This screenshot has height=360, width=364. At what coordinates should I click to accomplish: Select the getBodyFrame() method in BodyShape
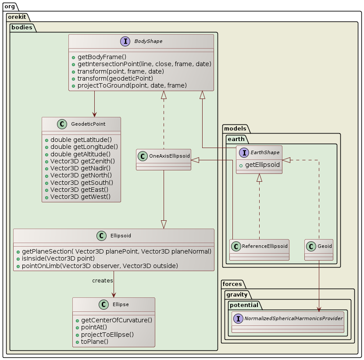(x=102, y=57)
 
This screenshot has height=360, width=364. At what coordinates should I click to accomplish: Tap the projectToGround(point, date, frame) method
(x=132, y=85)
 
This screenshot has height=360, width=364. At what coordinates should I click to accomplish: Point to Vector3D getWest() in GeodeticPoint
(x=80, y=197)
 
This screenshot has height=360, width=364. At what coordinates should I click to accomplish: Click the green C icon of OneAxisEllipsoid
(x=143, y=156)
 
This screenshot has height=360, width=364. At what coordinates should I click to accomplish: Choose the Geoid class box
(x=318, y=250)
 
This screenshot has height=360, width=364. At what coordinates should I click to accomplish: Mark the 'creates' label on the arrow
(x=103, y=280)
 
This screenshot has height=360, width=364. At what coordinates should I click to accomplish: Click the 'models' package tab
(x=235, y=128)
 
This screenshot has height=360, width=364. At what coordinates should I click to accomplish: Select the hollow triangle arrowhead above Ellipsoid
(x=164, y=224)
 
